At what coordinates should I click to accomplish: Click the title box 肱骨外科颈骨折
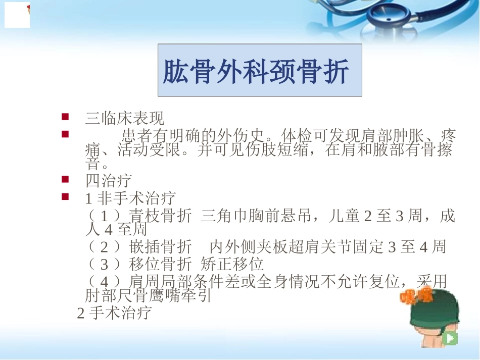tap(260, 70)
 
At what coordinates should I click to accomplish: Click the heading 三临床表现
tap(125, 119)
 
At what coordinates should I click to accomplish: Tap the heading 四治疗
tap(109, 180)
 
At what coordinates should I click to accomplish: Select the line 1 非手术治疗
tap(130, 197)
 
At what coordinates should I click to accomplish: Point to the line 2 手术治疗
tap(114, 313)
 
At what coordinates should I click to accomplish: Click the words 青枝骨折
tap(160, 217)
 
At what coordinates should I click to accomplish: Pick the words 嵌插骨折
tap(160, 247)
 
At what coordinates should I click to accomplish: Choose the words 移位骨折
tap(160, 264)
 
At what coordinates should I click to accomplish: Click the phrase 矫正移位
tap(232, 264)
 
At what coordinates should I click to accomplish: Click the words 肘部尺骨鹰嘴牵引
tap(148, 295)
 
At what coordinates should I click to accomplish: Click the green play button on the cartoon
tap(449, 338)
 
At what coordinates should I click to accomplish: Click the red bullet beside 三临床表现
tap(65, 117)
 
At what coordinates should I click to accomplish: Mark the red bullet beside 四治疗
tap(65, 179)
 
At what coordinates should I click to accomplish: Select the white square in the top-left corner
tap(17, 14)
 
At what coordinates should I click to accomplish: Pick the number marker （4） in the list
tap(104, 281)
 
